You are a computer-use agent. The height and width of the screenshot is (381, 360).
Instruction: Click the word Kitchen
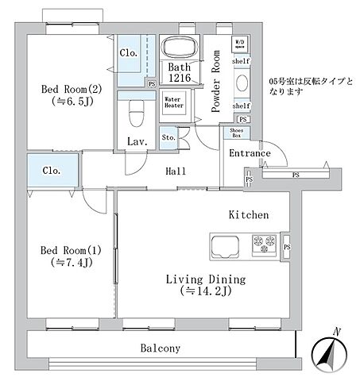(249, 214)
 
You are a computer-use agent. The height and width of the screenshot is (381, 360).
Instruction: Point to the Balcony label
(161, 348)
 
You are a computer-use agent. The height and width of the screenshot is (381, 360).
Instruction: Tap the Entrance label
(250, 153)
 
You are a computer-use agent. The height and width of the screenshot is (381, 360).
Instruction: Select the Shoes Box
(236, 133)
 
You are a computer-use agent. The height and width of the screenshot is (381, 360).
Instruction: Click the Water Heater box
(173, 101)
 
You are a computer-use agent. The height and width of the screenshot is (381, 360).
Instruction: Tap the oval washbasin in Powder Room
(242, 83)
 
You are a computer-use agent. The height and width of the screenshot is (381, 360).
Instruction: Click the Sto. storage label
(168, 138)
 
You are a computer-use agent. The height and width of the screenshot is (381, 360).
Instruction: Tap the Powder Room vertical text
(215, 82)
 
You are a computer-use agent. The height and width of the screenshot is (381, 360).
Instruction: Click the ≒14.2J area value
(205, 291)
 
